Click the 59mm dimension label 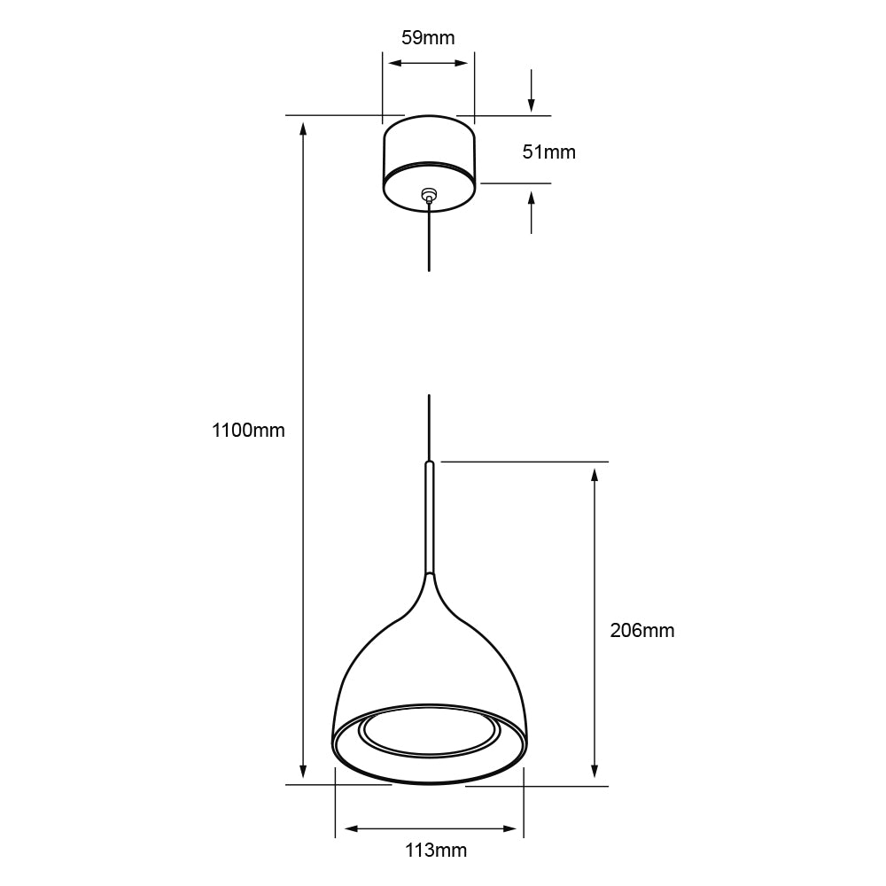click(x=428, y=37)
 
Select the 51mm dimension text click(x=548, y=152)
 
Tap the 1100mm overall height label click(x=248, y=431)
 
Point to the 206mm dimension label click(x=641, y=631)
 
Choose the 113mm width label click(x=435, y=851)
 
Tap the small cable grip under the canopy click(x=430, y=193)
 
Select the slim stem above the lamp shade click(x=430, y=518)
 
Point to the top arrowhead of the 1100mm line click(x=304, y=128)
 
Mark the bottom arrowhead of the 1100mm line click(x=304, y=771)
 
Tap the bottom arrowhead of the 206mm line click(x=595, y=772)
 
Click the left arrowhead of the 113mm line click(x=350, y=828)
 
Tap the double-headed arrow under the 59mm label click(x=429, y=63)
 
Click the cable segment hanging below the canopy click(x=430, y=239)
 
